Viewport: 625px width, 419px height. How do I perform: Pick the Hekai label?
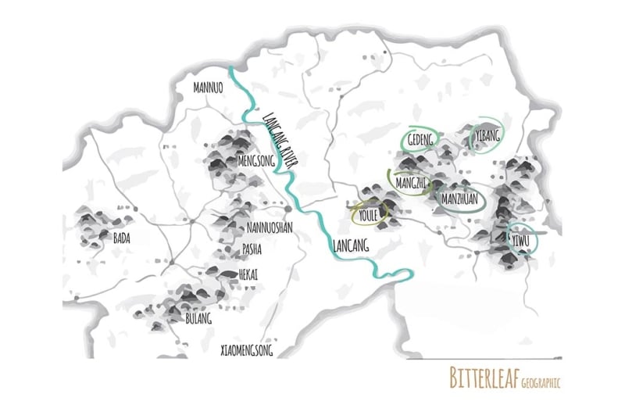tap(248, 274)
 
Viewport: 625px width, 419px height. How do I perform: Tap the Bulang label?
tap(198, 319)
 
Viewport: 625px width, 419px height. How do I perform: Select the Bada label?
tap(121, 238)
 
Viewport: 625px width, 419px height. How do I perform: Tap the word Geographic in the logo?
tap(540, 381)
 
